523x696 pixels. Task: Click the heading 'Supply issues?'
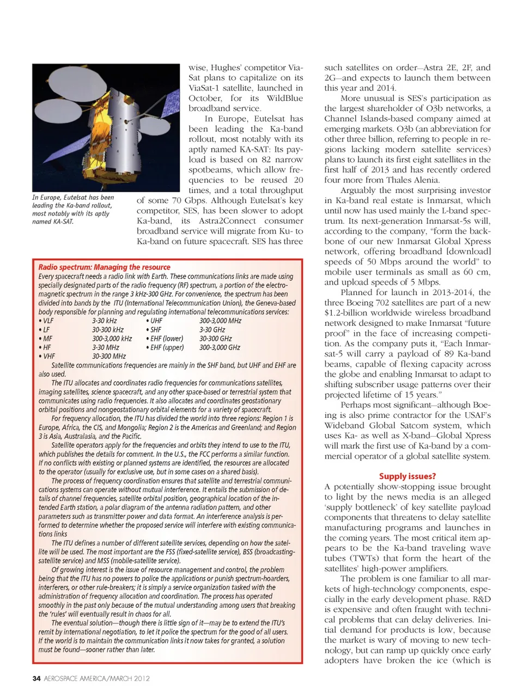[x=407, y=476]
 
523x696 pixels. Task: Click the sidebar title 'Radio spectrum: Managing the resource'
[x=104, y=267]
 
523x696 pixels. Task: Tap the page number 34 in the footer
[x=37, y=678]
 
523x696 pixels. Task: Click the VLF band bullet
[x=46, y=321]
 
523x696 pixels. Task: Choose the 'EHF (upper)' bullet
[x=165, y=347]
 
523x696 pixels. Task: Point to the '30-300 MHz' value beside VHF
[x=109, y=356]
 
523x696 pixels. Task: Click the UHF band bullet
[x=154, y=321]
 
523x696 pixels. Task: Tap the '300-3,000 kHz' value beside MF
[x=112, y=338]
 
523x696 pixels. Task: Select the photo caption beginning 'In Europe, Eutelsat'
[x=72, y=209]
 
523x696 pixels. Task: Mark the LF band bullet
[x=45, y=329]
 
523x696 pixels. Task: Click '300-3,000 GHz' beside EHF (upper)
[x=220, y=347]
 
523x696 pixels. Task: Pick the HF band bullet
[x=45, y=347]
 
